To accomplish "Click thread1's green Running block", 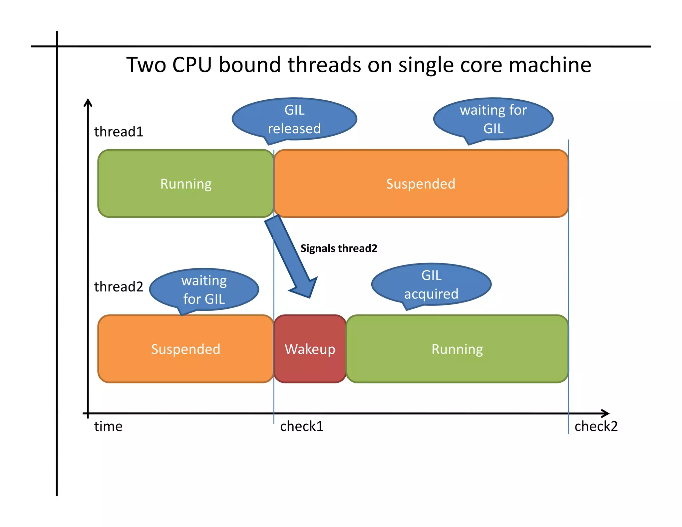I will (186, 184).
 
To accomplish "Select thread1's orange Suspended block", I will (421, 184).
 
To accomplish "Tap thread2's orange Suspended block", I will (185, 349).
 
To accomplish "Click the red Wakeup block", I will (310, 349).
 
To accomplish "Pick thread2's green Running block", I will (457, 349).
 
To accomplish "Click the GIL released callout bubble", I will (294, 119).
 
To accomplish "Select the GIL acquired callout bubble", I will (431, 284).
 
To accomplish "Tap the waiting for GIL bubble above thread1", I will (493, 119).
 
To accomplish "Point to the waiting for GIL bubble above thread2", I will (204, 289).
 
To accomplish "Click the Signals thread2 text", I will (339, 249).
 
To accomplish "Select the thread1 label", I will (119, 132).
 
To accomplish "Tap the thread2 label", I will (119, 287).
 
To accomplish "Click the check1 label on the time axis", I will (302, 426).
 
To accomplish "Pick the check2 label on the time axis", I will (596, 426).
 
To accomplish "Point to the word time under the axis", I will (108, 426).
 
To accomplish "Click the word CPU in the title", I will (192, 65).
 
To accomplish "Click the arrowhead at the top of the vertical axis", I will (88, 102).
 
